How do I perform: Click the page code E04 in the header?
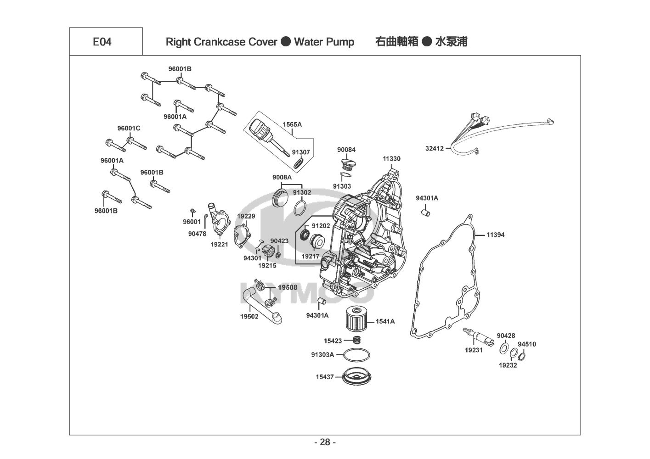tap(102, 42)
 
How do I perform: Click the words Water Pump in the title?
tap(324, 42)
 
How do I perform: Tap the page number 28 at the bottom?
tap(325, 442)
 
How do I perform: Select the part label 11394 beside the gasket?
tap(496, 235)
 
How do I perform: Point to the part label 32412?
tap(434, 148)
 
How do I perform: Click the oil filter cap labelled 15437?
tap(356, 376)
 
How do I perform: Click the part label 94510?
tap(527, 344)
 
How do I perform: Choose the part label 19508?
tap(288, 288)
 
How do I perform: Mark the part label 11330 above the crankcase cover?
tap(391, 159)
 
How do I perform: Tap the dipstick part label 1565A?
tap(292, 124)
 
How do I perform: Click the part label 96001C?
tap(129, 129)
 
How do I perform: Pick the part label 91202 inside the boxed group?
tap(321, 226)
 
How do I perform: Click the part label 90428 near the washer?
tap(506, 336)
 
